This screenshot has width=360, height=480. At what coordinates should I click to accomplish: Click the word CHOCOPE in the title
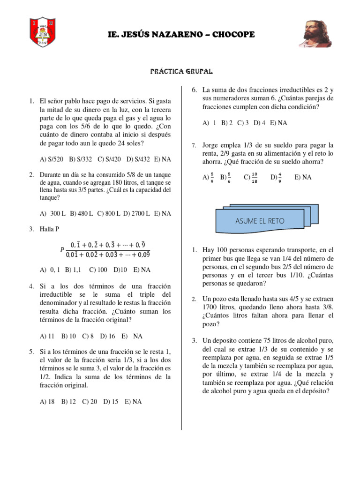pos(228,35)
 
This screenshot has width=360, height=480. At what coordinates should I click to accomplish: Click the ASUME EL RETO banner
pos(260,221)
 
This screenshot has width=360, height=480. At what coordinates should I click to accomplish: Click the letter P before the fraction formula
pos(62,250)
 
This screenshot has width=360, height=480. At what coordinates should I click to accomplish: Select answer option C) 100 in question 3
pos(98,270)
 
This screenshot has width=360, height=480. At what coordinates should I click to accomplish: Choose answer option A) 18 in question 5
pos(48,402)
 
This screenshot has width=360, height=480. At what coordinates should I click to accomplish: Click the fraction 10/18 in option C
pos(254,177)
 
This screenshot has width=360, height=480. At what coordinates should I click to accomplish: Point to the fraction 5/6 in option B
pos(228,177)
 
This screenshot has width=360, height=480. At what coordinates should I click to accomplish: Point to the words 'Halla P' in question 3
pos(51,229)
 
